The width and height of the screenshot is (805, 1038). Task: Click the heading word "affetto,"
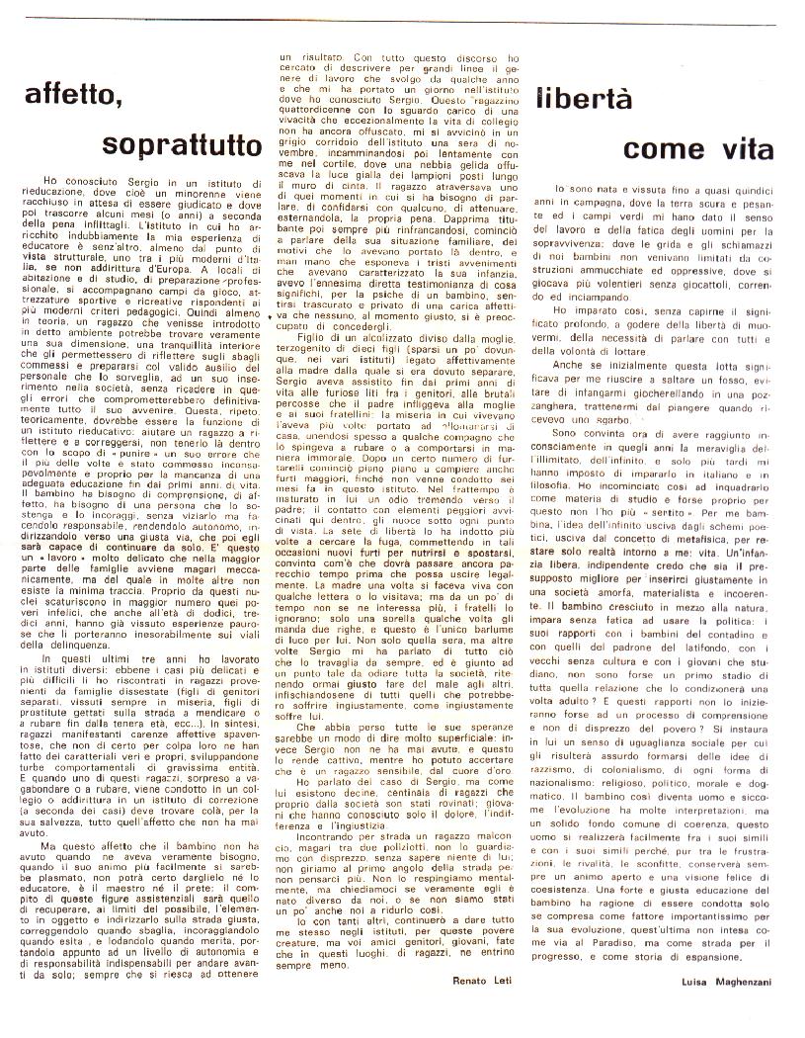78,97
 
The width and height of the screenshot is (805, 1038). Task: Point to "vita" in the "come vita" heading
722,149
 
